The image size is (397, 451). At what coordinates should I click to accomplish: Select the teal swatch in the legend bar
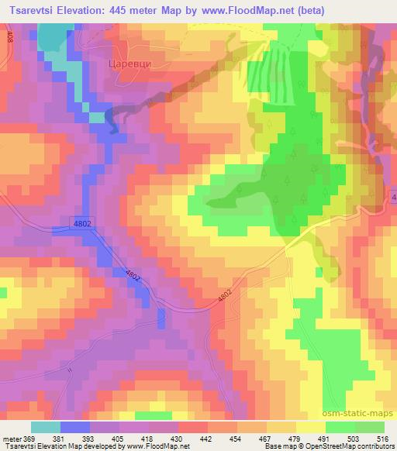coord(45,427)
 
